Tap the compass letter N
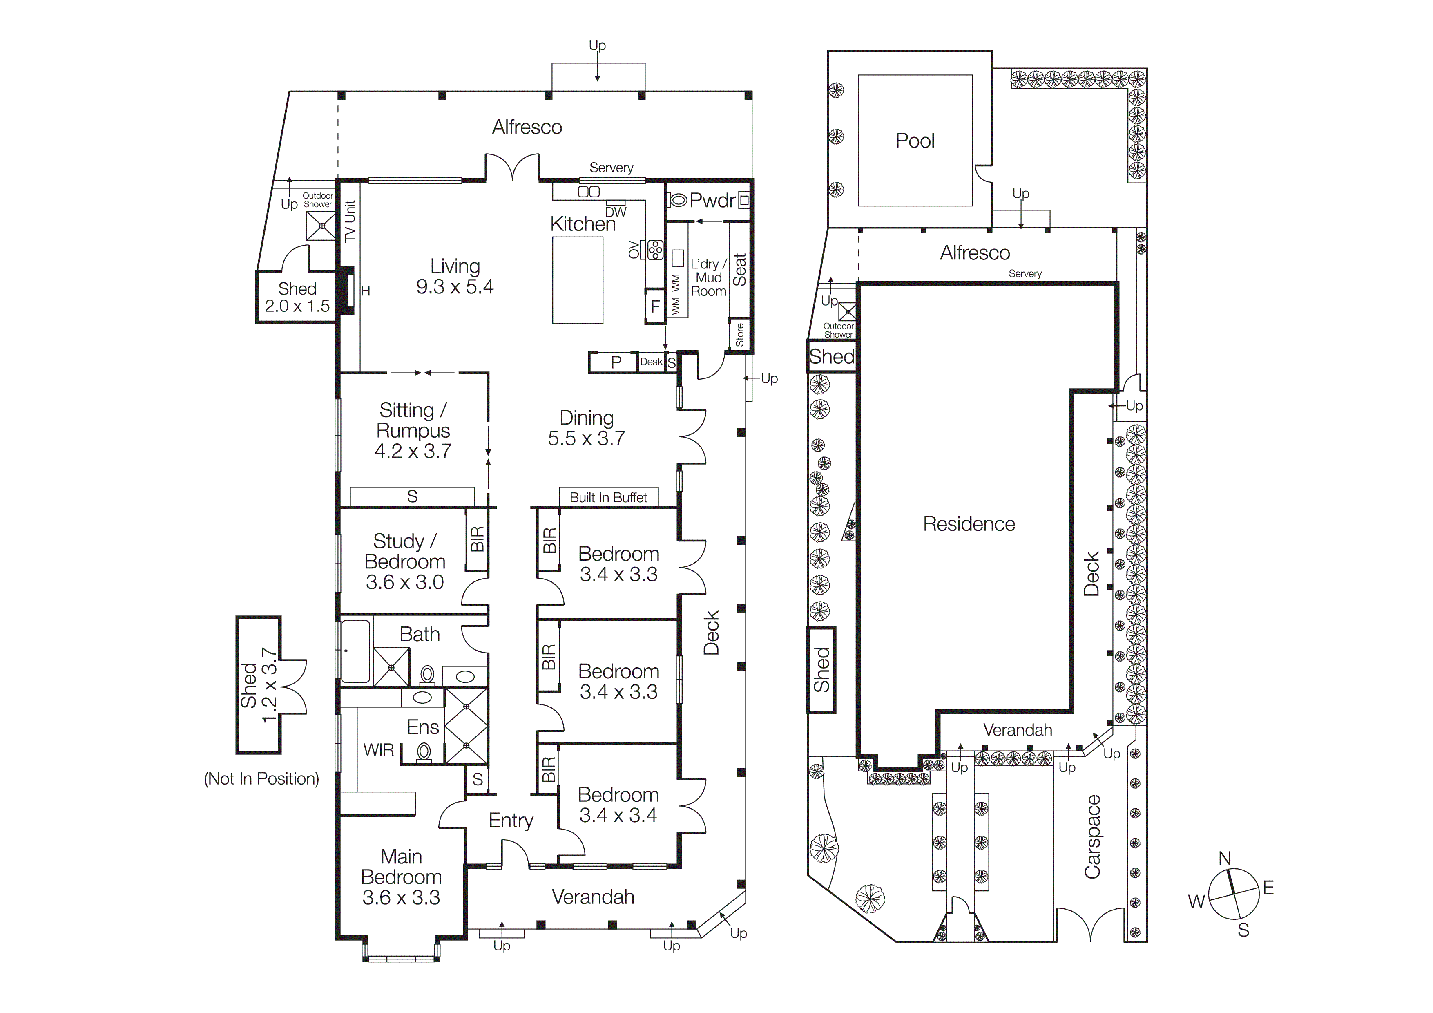[x=1225, y=859]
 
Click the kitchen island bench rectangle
[x=577, y=280]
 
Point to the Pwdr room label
[x=712, y=200]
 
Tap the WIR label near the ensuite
[x=378, y=749]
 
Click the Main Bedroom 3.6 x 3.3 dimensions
[x=401, y=897]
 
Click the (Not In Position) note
[x=261, y=779]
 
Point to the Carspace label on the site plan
[x=1092, y=836]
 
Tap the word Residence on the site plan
[x=969, y=524]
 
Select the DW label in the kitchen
[x=615, y=212]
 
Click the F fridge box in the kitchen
[x=655, y=306]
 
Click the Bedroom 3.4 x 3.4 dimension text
[x=618, y=815]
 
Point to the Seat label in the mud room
[x=739, y=270]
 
